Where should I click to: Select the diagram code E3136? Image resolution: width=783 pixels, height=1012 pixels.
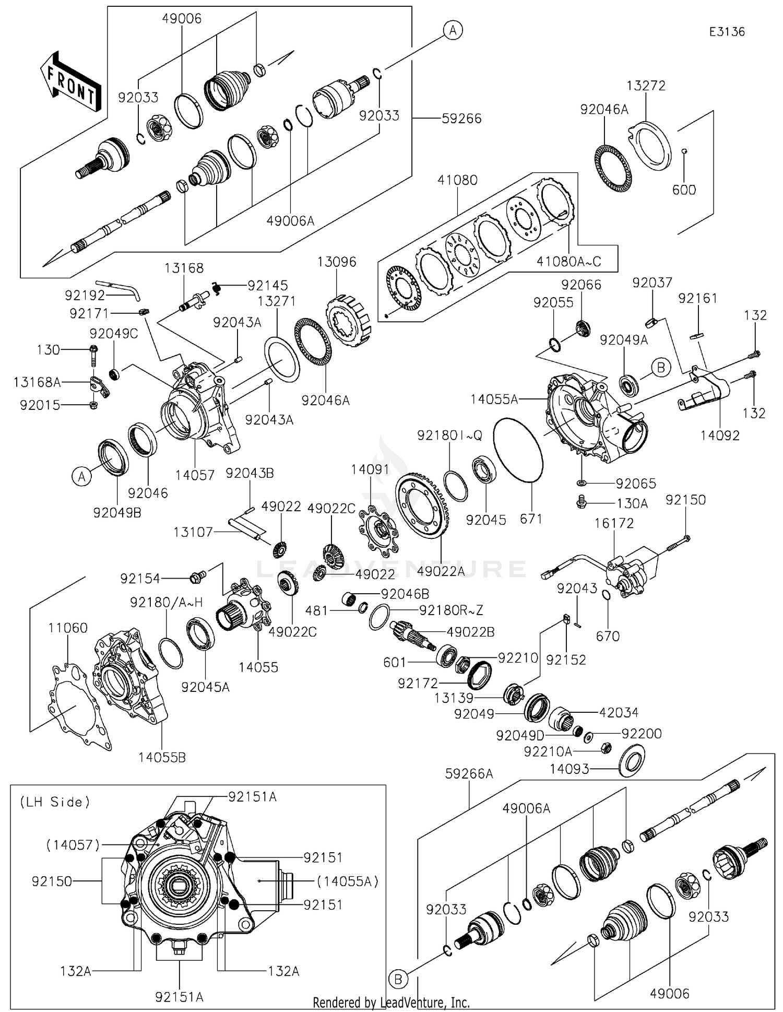[727, 32]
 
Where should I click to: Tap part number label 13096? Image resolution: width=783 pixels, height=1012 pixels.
[337, 262]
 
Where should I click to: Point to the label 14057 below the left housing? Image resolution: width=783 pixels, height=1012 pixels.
[195, 475]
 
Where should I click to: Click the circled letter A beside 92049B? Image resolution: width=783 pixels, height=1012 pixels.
[82, 476]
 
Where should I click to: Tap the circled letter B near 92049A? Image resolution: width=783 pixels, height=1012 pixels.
[661, 368]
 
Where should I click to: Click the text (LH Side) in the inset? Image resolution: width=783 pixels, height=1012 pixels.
[55, 802]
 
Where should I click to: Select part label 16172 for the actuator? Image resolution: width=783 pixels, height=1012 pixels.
[614, 523]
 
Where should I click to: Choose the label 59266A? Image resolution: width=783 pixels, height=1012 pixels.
[469, 773]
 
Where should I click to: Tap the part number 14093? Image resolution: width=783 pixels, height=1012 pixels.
[570, 769]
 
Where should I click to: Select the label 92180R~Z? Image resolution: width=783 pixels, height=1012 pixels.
[451, 609]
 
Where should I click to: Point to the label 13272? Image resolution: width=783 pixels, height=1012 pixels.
[646, 85]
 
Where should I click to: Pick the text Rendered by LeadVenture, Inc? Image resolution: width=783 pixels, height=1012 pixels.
[391, 1002]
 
